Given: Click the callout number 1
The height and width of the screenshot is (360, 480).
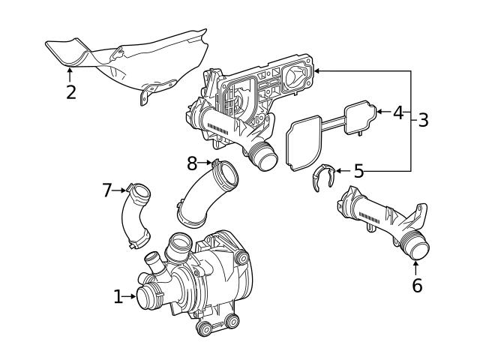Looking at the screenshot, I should (x=118, y=297).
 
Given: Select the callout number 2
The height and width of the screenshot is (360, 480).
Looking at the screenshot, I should (x=70, y=92).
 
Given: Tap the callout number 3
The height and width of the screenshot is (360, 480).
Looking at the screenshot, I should (x=423, y=119).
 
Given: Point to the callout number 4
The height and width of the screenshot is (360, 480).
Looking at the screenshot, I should (x=398, y=112).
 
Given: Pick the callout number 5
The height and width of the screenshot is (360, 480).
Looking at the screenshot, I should (x=358, y=172).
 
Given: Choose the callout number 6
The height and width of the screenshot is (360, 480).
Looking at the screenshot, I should (x=417, y=285).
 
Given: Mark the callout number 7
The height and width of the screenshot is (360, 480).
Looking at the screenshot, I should (x=106, y=190).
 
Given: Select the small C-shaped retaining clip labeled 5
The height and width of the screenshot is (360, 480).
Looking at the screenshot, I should (x=322, y=178).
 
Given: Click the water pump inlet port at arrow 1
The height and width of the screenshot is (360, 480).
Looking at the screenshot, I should (x=147, y=296).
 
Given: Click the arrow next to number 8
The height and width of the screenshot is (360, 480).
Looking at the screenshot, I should (x=207, y=161).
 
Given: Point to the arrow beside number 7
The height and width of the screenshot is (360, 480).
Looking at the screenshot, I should (x=120, y=190).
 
